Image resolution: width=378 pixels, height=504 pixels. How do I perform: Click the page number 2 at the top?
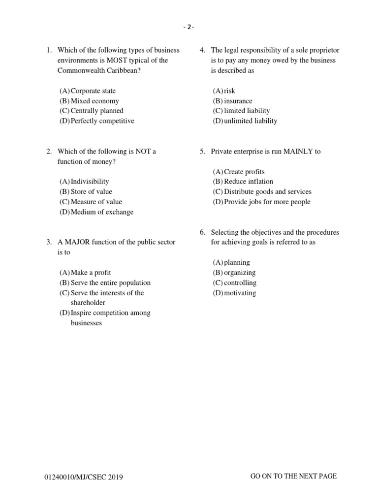click(189, 27)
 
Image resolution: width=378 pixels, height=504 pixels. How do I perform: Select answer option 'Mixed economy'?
click(94, 101)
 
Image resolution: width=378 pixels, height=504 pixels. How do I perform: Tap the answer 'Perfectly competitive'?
click(102, 121)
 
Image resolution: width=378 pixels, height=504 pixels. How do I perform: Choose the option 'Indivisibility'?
click(90, 182)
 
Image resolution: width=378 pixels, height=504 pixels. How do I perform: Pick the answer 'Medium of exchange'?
click(102, 212)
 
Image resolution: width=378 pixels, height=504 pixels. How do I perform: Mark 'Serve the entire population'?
click(110, 283)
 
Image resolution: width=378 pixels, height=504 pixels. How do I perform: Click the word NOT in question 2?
click(140, 152)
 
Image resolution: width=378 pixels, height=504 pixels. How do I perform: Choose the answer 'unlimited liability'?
click(250, 121)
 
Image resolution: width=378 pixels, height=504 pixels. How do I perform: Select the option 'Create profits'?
click(244, 172)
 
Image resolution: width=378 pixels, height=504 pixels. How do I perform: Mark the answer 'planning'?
click(237, 263)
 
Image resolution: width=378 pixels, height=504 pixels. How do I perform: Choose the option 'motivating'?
click(240, 293)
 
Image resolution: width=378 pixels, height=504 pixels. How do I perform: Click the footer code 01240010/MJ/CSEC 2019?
click(84, 477)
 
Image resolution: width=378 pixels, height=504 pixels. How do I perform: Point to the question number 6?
click(202, 232)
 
